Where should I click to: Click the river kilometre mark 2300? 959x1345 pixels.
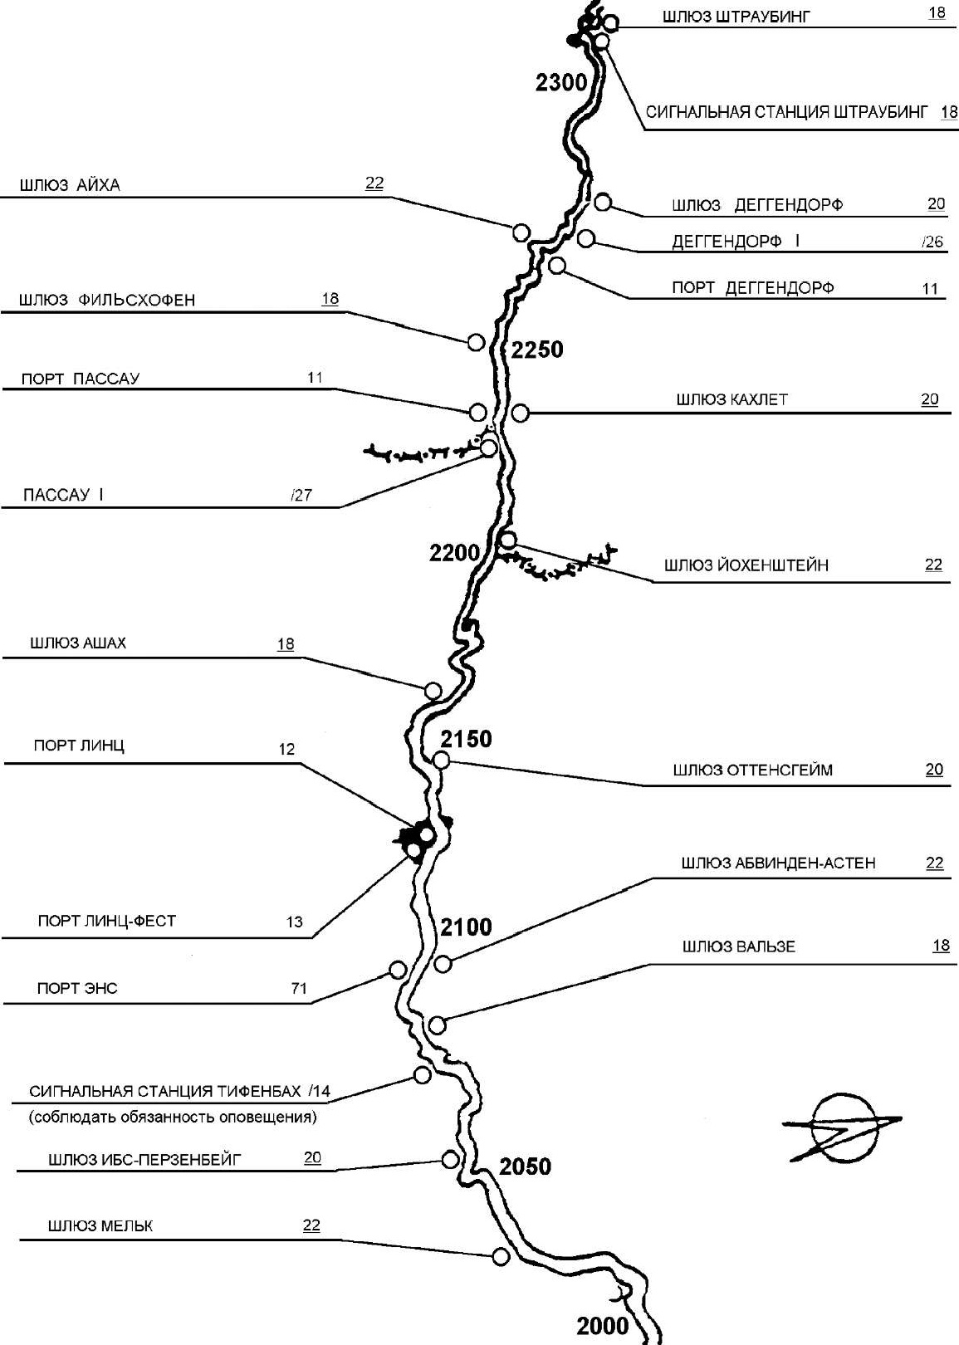coord(560,81)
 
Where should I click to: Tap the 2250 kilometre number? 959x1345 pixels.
coord(537,349)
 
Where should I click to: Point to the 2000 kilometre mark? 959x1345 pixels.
coord(602,1326)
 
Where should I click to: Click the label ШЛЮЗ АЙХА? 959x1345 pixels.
coord(70,185)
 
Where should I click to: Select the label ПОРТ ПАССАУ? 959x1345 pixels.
coord(81,379)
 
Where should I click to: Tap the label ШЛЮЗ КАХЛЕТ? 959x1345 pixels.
coord(731,399)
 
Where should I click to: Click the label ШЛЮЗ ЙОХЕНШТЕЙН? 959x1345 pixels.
coord(746,565)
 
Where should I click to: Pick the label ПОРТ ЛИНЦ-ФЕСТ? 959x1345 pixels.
coord(107,921)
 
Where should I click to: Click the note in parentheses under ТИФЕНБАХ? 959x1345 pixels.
coord(173,1117)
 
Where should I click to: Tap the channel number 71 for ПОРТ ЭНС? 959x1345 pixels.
coord(299,988)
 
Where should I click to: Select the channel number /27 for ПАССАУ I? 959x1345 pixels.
coord(301,495)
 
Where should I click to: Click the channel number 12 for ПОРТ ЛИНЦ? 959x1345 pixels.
coord(286,749)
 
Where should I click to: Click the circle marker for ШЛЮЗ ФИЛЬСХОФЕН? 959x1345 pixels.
coord(476,342)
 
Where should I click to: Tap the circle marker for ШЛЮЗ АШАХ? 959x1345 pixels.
coord(433,691)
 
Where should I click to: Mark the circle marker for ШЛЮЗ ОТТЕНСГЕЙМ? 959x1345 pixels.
coord(442,761)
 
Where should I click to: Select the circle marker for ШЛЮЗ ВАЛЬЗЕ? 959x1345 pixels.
coord(438,1025)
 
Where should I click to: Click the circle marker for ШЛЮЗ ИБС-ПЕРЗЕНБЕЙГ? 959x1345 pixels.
coord(450,1160)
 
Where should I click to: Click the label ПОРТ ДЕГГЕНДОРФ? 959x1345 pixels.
coord(752,287)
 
